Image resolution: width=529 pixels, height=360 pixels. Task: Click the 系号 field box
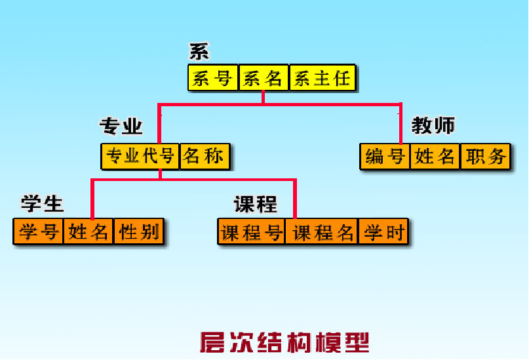pyautogui.click(x=213, y=79)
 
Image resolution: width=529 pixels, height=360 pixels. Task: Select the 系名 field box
pyautogui.click(x=263, y=79)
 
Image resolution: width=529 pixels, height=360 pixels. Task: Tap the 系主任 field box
pyautogui.click(x=323, y=79)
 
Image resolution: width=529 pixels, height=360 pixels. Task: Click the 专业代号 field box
pyautogui.click(x=140, y=157)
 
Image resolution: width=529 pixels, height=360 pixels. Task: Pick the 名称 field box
pyautogui.click(x=205, y=157)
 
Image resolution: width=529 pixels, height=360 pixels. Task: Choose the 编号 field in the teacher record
pyautogui.click(x=385, y=157)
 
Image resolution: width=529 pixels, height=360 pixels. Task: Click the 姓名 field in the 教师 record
pyautogui.click(x=435, y=157)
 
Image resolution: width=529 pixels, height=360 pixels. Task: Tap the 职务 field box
pyautogui.click(x=485, y=157)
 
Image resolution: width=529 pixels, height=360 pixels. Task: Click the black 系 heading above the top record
pyautogui.click(x=199, y=52)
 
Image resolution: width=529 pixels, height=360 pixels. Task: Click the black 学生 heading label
pyautogui.click(x=42, y=204)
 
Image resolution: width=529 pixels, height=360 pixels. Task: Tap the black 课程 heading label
pyautogui.click(x=256, y=204)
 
